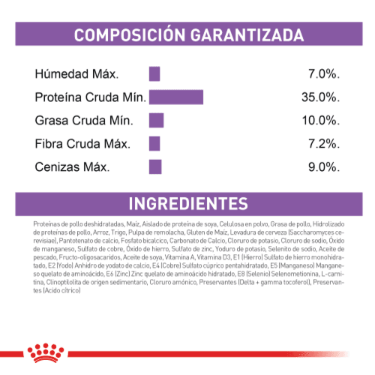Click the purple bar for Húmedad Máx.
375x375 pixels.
[154, 73]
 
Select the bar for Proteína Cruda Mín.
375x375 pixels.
[176, 97]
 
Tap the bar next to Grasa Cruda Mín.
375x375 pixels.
[156, 120]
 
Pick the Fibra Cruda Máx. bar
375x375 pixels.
[154, 143]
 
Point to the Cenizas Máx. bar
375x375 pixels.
[155, 166]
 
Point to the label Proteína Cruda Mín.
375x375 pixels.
[90, 97]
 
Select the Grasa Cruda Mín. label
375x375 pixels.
[83, 121]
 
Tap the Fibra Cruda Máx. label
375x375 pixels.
[82, 143]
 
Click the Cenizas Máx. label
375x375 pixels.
[72, 166]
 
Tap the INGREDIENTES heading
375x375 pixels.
[187, 204]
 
